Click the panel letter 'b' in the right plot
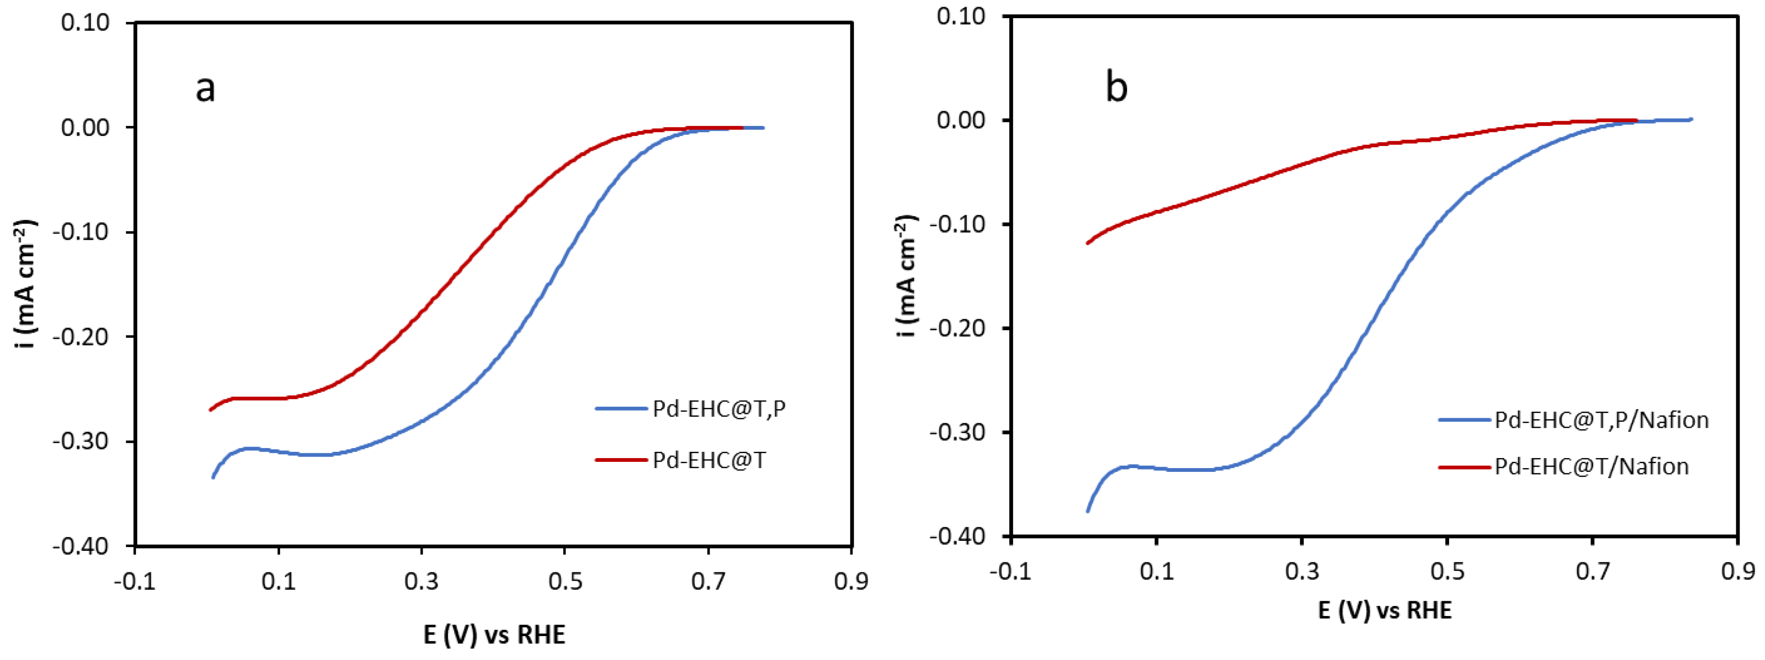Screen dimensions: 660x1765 tap(1116, 88)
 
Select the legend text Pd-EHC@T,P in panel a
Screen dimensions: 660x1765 tap(719, 409)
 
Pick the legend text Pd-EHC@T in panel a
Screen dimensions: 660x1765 tap(709, 460)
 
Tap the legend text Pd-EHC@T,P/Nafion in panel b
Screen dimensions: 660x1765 tap(1601, 420)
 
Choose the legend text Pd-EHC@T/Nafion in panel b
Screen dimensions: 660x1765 tap(1591, 467)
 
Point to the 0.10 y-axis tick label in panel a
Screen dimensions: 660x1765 tap(85, 22)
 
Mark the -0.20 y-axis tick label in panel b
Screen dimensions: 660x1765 tap(957, 328)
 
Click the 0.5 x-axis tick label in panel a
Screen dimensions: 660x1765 tap(565, 582)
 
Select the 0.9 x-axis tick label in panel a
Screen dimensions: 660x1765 tap(851, 582)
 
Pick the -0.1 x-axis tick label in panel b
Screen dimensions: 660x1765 tap(1010, 571)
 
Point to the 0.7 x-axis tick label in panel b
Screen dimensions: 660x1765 tap(1592, 571)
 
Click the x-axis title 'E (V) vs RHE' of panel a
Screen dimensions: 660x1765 tap(494, 635)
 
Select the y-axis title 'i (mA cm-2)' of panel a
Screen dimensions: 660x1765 tap(25, 284)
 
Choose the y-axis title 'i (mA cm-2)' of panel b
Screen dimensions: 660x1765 tap(906, 276)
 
